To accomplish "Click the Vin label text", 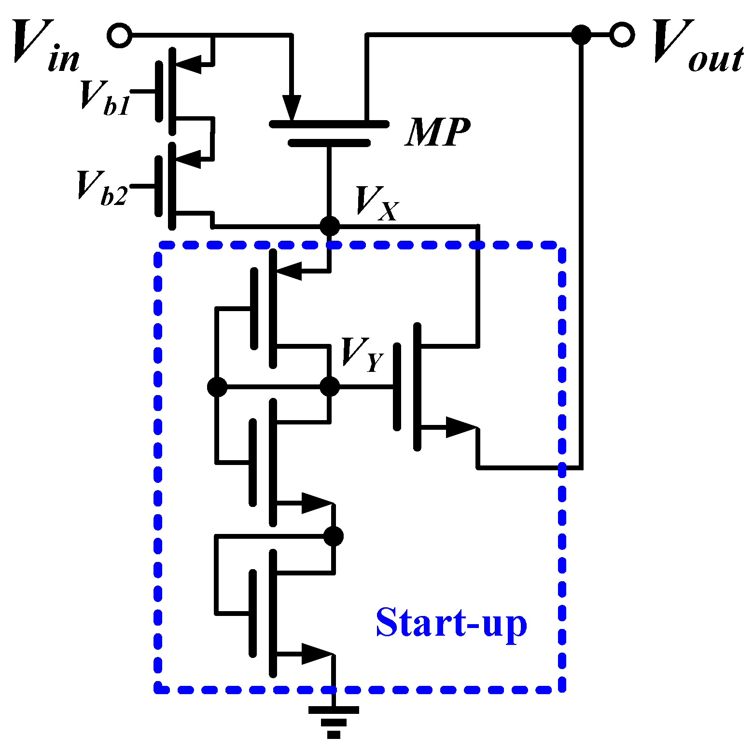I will pyautogui.click(x=46, y=46).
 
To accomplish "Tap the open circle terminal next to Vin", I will pyautogui.click(x=119, y=35).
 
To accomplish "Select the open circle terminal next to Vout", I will pyautogui.click(x=622, y=35).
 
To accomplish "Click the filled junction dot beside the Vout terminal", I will pyautogui.click(x=581, y=35).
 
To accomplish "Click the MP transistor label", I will pyautogui.click(x=437, y=132).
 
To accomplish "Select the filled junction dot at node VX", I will pyautogui.click(x=330, y=226).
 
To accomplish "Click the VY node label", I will pyautogui.click(x=362, y=355).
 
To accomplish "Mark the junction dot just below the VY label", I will pyautogui.click(x=330, y=386).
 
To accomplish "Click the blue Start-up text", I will pyautogui.click(x=451, y=623).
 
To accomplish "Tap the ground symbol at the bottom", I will pyautogui.click(x=334, y=721).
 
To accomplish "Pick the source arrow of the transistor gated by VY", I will pyautogui.click(x=460, y=427).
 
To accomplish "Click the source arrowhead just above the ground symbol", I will pyautogui.click(x=317, y=654).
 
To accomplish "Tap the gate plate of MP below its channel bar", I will pyautogui.click(x=329, y=143).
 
